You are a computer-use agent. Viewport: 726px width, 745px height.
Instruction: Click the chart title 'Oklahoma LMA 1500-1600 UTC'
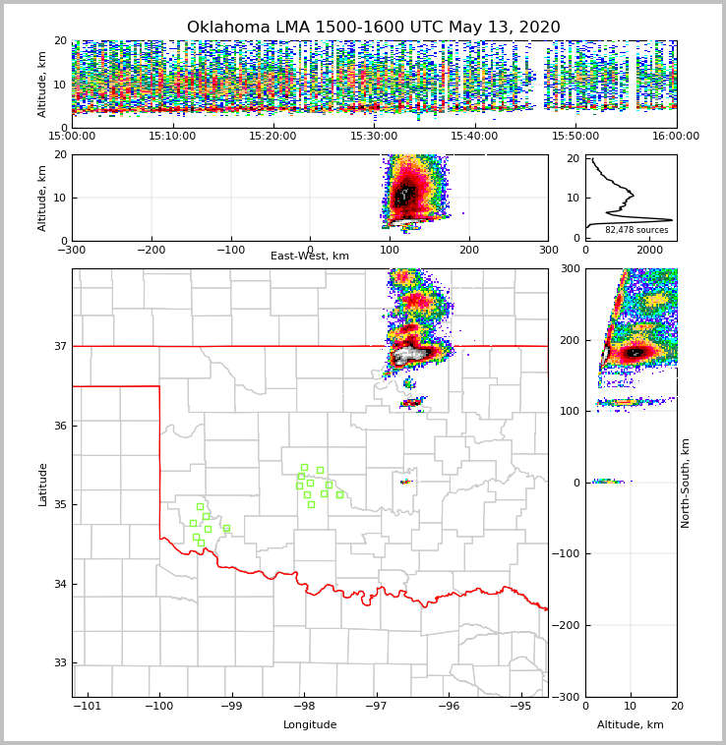point(373,28)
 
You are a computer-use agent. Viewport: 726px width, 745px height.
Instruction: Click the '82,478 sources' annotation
point(636,230)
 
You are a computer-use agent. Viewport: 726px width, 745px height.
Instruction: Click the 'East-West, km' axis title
point(310,257)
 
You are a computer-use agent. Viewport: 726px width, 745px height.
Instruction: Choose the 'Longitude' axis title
point(310,725)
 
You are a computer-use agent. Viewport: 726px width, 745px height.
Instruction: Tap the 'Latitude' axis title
point(43,484)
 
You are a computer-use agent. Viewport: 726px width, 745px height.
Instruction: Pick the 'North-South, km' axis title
point(686,483)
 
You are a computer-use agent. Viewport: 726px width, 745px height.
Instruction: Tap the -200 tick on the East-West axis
point(151,250)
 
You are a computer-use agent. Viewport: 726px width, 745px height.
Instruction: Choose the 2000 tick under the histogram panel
point(649,250)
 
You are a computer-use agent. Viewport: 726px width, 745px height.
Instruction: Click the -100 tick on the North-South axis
point(568,554)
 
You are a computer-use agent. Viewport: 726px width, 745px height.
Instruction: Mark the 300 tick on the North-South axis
point(571,269)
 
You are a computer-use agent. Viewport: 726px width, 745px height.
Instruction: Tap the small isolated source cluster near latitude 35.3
point(405,482)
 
